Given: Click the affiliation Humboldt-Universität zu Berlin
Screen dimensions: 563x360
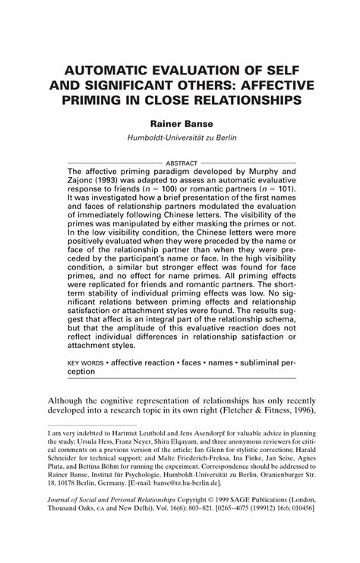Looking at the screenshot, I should coord(179,140).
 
